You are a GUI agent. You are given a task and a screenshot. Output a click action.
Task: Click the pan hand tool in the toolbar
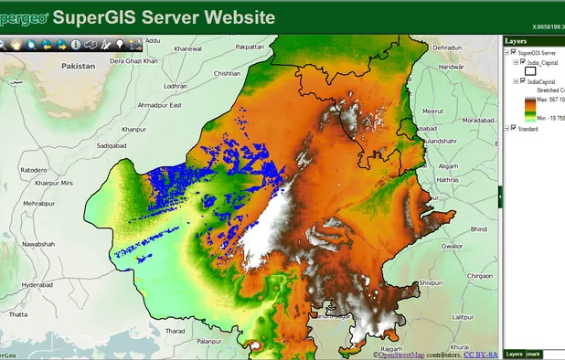(x=16, y=43)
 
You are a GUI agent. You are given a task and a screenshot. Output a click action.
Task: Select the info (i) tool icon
(x=76, y=43)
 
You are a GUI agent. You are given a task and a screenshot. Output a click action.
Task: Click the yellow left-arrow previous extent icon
(x=46, y=43)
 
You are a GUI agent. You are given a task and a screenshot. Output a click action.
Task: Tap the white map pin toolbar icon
(x=121, y=43)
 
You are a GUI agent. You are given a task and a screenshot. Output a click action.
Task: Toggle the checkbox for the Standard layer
(x=511, y=128)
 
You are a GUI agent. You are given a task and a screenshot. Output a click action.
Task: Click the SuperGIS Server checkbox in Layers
(x=512, y=53)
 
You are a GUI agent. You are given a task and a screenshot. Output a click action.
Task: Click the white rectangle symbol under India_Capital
(x=530, y=71)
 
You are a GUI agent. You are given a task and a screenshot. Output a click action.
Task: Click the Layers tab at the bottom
(x=515, y=354)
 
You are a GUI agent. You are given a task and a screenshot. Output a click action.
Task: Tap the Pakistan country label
(x=78, y=66)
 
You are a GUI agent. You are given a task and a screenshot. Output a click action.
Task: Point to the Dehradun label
(x=448, y=47)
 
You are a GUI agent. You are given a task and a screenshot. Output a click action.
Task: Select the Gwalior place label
(x=452, y=246)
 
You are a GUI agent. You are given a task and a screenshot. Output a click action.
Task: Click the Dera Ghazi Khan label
(x=134, y=60)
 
